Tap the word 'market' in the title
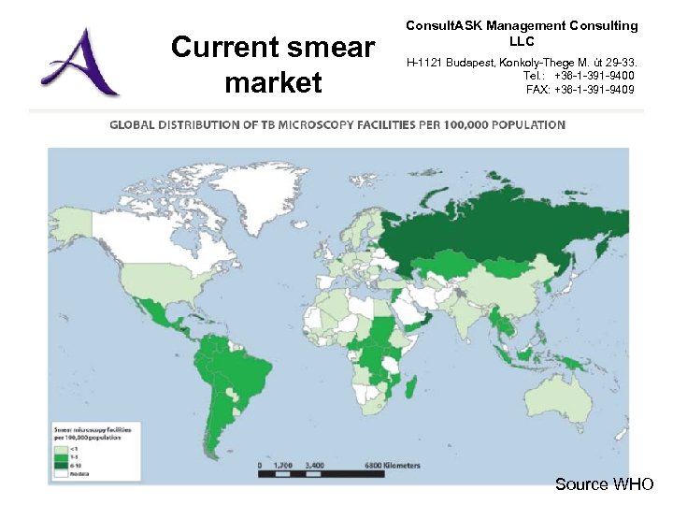click(273, 82)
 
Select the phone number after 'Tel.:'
click(594, 76)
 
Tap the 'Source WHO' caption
click(605, 483)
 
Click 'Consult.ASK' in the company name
click(442, 26)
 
